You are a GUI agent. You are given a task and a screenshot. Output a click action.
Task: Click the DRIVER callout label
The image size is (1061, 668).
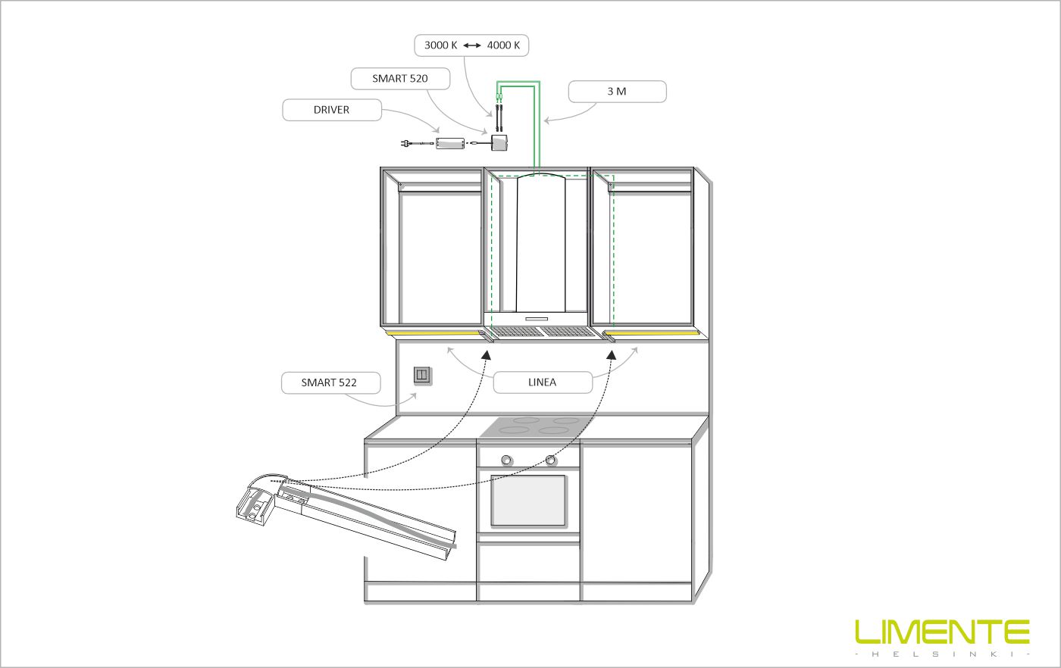pos(331,110)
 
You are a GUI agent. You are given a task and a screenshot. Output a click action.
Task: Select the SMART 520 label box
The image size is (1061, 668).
pos(400,78)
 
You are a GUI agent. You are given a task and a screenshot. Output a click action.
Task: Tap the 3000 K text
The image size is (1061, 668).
pos(440,45)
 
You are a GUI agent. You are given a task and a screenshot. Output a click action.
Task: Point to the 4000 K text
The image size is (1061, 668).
pos(503,45)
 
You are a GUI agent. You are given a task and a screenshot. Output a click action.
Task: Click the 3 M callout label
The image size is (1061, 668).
pos(617,92)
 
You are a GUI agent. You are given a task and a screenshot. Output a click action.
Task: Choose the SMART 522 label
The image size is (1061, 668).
pos(329,382)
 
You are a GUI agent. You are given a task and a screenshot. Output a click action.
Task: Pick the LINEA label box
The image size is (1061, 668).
pos(542,382)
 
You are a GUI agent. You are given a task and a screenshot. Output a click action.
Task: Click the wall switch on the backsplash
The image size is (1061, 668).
pos(422,374)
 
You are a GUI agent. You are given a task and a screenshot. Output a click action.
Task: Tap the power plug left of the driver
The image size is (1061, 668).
pos(407,142)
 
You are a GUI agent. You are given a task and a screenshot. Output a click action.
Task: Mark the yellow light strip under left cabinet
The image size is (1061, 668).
pos(433,332)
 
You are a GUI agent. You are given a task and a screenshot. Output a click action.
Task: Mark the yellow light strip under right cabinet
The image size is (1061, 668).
pos(653,332)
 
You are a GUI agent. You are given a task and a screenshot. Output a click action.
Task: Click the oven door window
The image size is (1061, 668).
pos(528,501)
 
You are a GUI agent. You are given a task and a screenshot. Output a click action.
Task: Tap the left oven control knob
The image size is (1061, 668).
pos(505,460)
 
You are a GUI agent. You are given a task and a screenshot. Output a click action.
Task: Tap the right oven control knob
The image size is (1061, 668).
pos(551,460)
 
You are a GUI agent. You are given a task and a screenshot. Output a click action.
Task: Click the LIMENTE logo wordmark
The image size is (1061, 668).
pos(942,632)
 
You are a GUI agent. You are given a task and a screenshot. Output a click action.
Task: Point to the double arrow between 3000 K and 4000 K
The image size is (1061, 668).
pos(472,45)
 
